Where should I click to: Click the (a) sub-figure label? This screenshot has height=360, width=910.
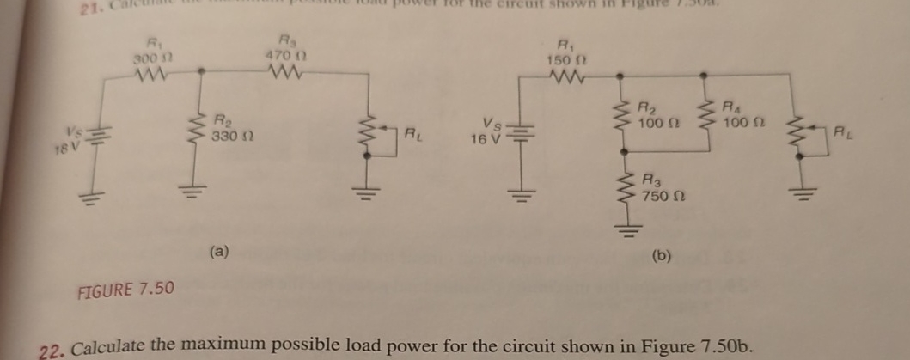[219, 252]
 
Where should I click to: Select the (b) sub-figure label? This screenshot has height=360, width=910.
[663, 255]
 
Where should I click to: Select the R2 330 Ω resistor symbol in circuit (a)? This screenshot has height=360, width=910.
[201, 133]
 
